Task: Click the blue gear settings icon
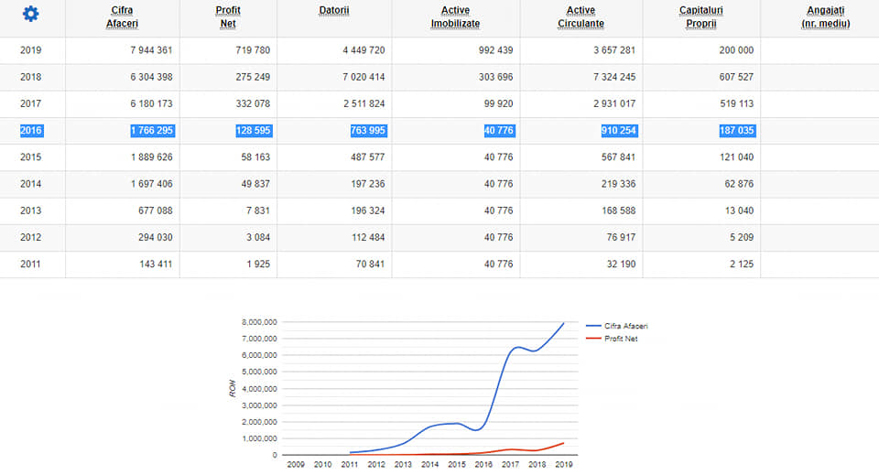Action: tap(31, 14)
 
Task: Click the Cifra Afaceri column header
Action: tap(122, 16)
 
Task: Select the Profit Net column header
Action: tap(228, 16)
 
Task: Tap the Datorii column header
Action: tap(333, 10)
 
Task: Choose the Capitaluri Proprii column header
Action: tap(701, 16)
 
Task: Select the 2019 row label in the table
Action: tap(31, 50)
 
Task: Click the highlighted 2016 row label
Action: tap(31, 130)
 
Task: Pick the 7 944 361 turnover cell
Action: tap(151, 50)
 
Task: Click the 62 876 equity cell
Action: tap(736, 184)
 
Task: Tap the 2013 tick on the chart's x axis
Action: tap(404, 465)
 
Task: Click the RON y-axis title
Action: tap(233, 389)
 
